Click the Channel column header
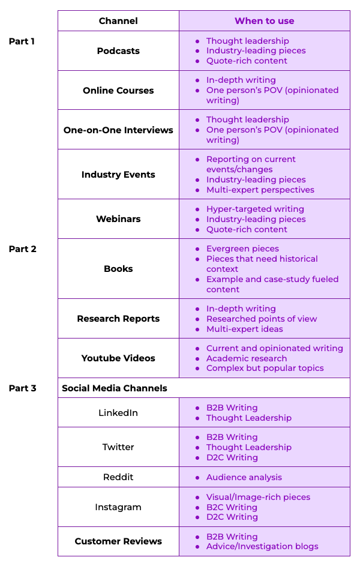118,21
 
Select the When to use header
265,21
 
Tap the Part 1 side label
22,41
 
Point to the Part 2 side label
22,249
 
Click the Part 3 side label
22,388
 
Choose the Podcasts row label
118,51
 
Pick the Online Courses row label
118,90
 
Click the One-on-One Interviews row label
118,130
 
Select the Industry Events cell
118,175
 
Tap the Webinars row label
118,219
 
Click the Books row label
118,269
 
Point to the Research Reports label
118,319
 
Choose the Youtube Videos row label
118,358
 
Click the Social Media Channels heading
115,388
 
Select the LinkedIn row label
118,413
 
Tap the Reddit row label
118,477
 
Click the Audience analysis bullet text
244,477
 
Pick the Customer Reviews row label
118,541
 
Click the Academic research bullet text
247,358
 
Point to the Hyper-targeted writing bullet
255,209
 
